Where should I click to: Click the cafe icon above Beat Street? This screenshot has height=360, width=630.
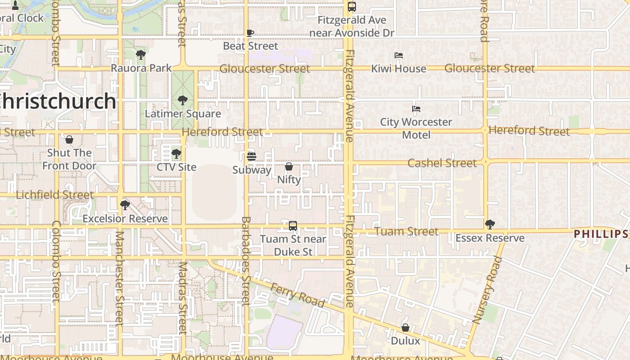251,33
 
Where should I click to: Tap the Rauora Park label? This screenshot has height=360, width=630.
141,68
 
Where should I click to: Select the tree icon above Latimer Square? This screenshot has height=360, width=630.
182,100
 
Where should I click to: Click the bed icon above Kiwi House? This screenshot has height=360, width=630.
399,55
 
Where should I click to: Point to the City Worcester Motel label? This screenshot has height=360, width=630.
416,128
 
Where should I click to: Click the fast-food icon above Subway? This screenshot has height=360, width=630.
252,157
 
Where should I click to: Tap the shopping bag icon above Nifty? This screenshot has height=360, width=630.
289,166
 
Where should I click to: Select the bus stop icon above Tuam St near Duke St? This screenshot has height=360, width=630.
293,225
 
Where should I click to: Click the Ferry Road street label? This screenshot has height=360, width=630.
297,295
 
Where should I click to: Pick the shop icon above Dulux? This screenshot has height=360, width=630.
405,328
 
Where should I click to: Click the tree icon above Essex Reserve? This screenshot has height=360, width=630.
490,224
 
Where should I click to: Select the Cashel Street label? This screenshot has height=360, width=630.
442,163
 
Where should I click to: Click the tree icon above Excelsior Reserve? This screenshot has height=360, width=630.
125,205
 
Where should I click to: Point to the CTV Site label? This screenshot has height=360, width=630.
176,167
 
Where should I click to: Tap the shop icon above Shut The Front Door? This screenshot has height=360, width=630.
69,139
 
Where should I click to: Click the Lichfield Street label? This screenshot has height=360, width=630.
55,195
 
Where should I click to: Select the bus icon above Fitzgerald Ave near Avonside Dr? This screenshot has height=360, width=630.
352,7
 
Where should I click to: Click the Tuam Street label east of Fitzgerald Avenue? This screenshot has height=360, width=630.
406,231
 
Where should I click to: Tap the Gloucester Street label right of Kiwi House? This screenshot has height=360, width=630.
490,68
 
